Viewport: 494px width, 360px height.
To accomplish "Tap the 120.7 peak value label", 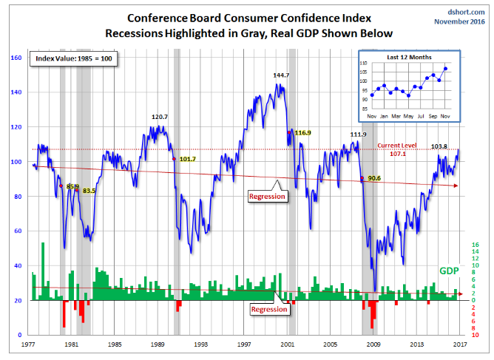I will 160,117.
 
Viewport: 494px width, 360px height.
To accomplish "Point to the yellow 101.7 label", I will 188,159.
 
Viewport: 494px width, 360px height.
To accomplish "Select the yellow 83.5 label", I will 89,191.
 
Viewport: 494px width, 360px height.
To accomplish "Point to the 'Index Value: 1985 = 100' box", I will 71,58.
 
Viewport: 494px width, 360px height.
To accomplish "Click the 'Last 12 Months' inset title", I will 407,58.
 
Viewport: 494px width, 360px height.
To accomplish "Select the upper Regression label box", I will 267,197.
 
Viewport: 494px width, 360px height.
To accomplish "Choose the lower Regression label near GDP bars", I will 268,309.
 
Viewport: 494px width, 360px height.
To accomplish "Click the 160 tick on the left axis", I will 16,58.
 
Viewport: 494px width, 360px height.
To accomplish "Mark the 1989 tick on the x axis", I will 158,344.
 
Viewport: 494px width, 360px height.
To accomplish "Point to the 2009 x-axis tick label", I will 376,344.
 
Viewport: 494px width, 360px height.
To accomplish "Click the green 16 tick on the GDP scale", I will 476,245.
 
